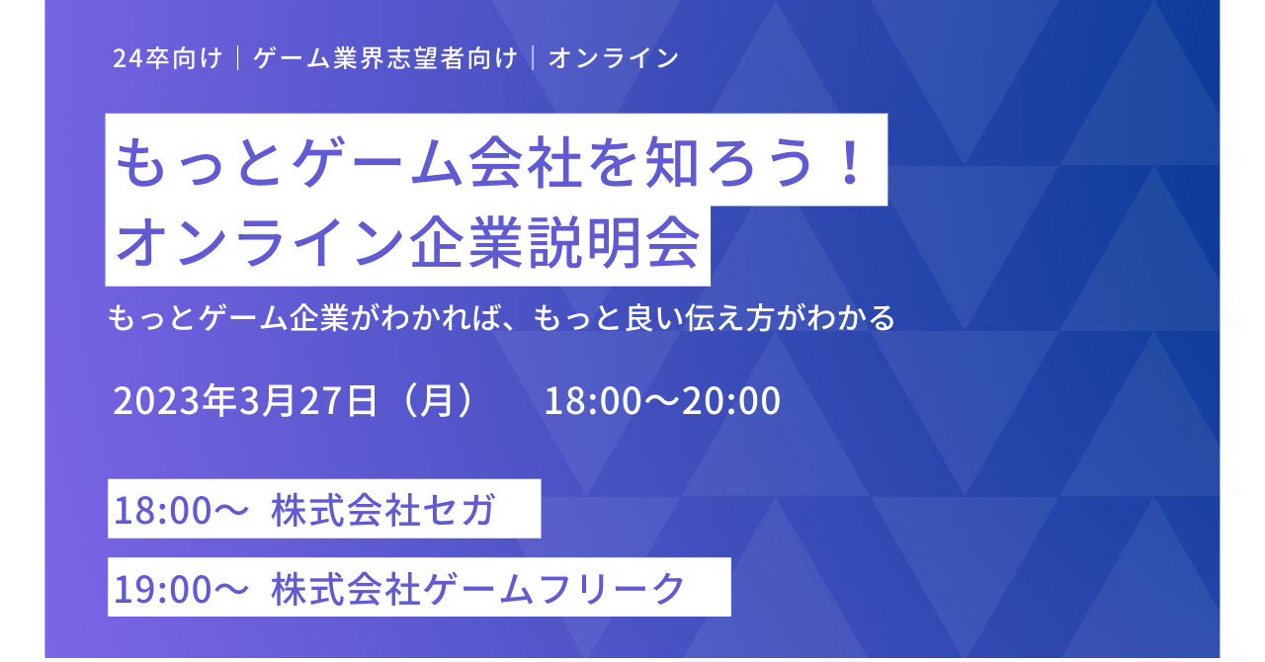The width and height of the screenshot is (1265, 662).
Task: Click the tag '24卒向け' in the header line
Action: (x=167, y=58)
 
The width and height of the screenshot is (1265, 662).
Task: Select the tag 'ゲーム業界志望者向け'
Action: (x=385, y=58)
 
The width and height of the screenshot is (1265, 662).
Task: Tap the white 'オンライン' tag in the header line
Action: (x=614, y=58)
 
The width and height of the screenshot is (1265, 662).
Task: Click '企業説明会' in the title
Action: (x=555, y=243)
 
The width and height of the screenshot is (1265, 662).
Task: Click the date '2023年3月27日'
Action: (x=245, y=400)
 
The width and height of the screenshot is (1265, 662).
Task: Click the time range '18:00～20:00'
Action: (x=662, y=400)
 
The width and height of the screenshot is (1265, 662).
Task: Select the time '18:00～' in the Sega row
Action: (x=181, y=510)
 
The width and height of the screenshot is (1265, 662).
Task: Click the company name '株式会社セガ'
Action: (x=383, y=510)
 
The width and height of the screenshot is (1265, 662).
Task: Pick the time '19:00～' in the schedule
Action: (x=181, y=589)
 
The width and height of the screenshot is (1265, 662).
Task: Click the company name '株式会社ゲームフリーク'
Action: (x=477, y=589)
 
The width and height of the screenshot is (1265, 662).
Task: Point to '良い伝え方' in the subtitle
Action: (x=699, y=317)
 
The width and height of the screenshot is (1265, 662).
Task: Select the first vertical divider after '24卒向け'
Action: (x=238, y=58)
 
